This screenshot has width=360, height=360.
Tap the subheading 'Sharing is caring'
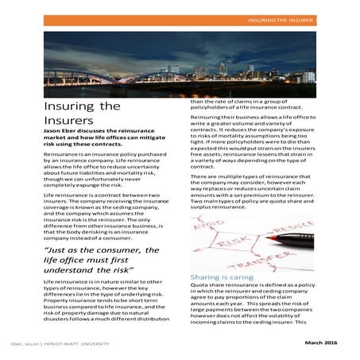216,277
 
